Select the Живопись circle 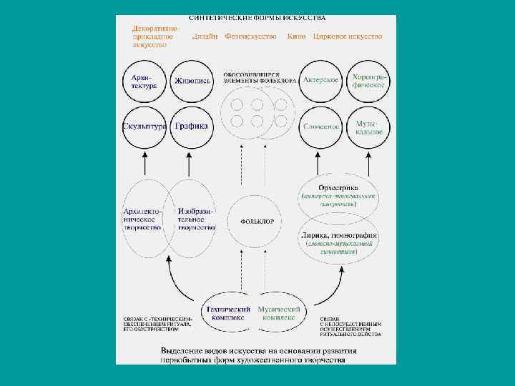click(x=192, y=81)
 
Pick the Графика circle click(x=192, y=127)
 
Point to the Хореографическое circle click(x=369, y=80)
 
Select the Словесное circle click(x=322, y=127)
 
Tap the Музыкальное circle click(x=369, y=127)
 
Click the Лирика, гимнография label click(x=339, y=235)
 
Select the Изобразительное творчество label click(x=197, y=219)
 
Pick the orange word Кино click(x=296, y=36)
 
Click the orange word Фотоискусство click(x=250, y=36)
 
